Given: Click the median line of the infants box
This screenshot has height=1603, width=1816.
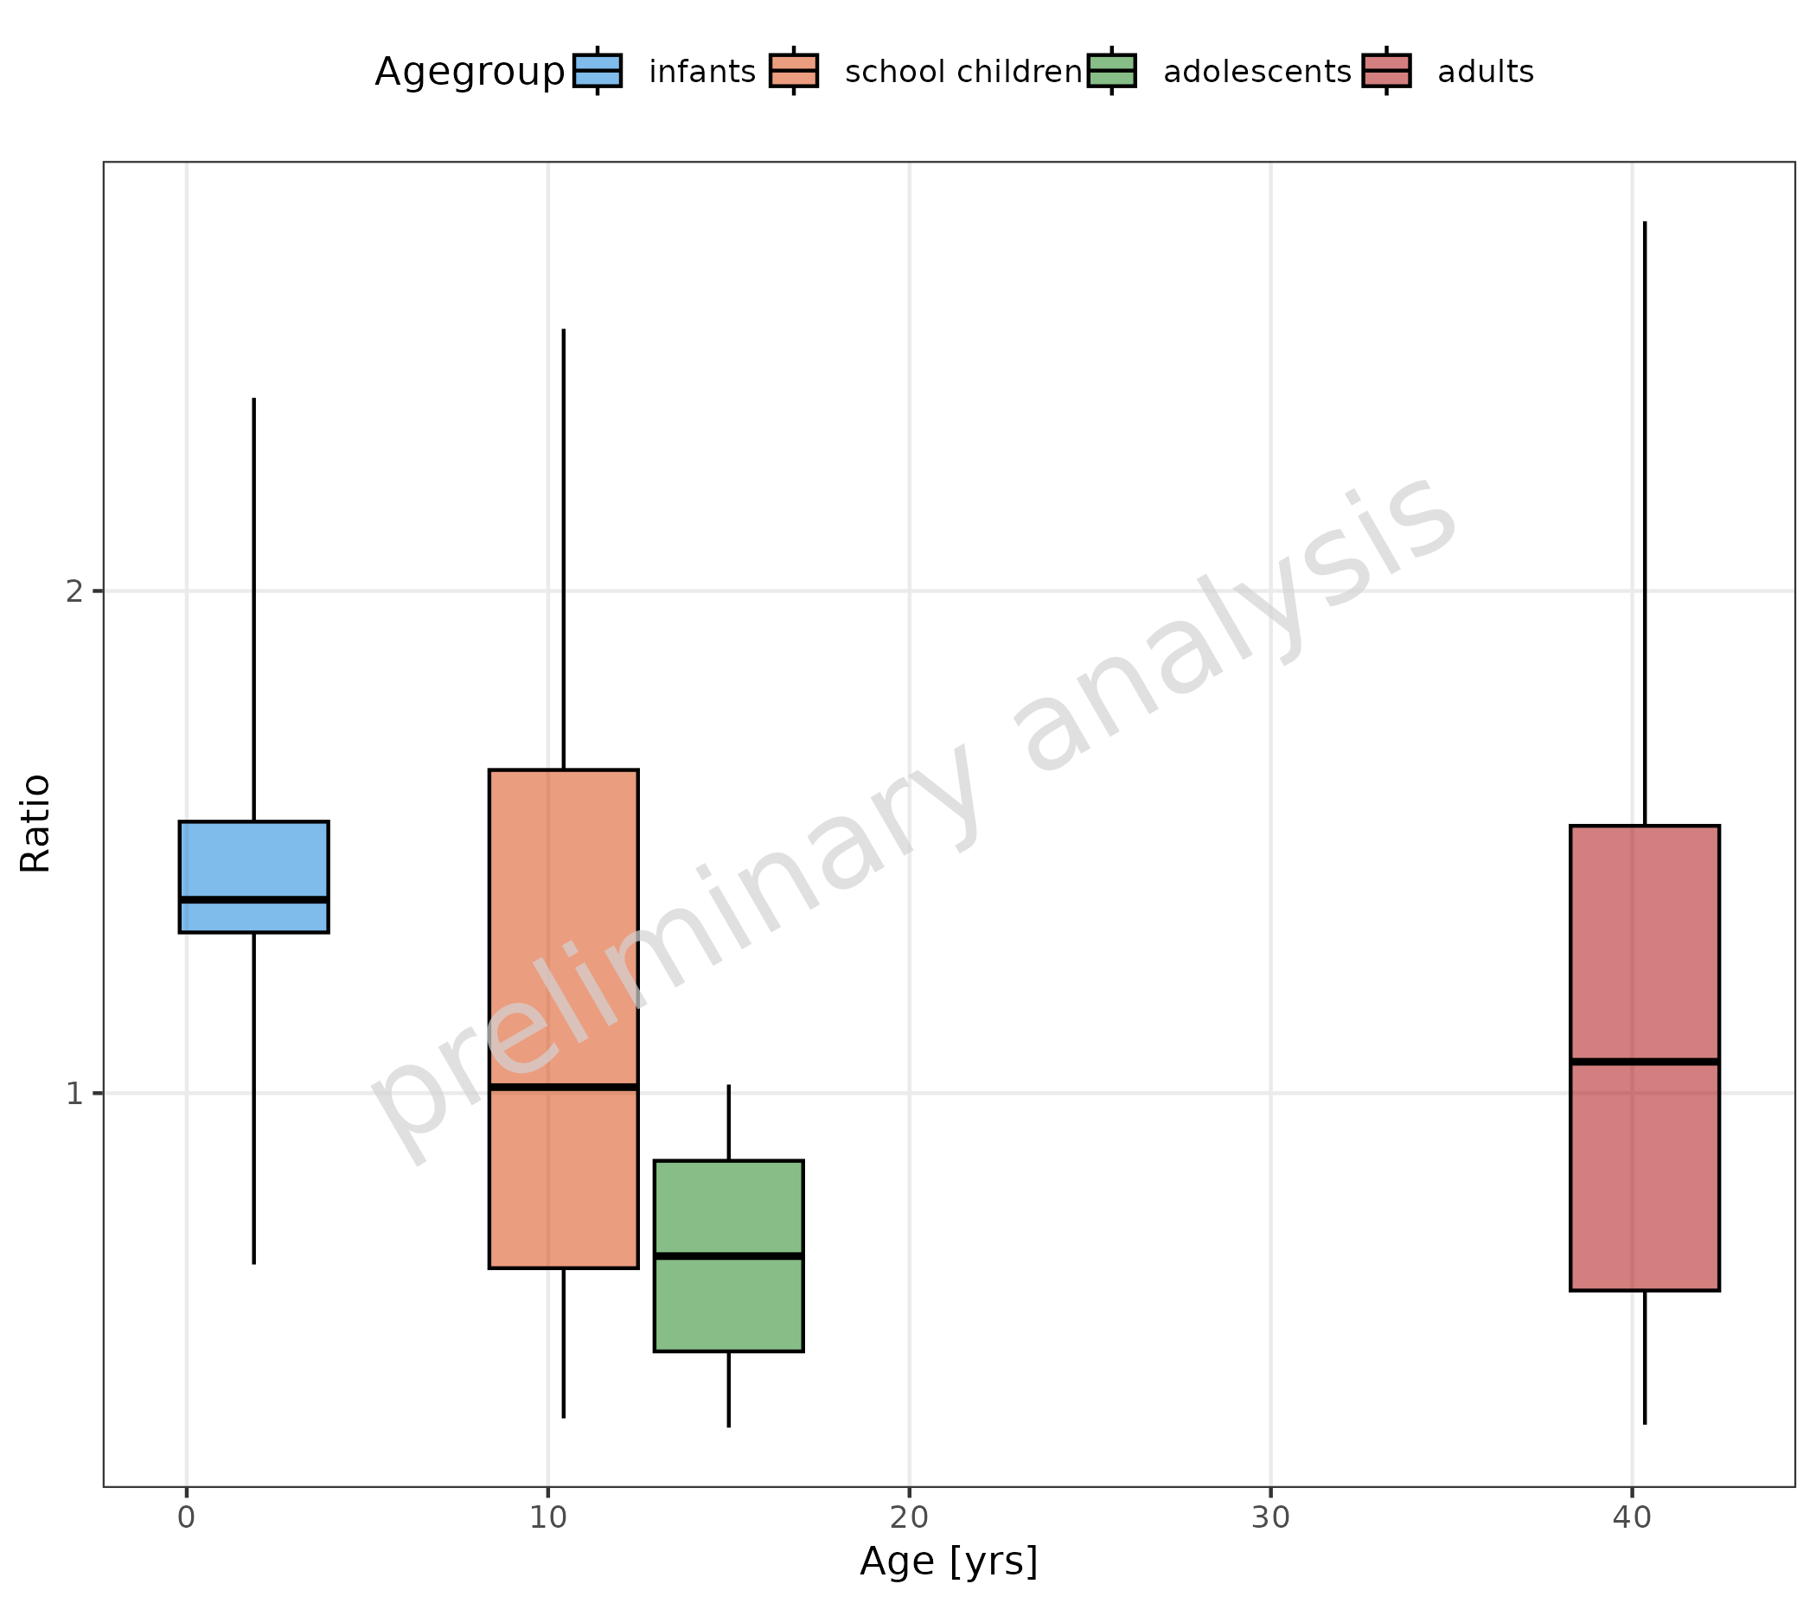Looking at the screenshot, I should [253, 899].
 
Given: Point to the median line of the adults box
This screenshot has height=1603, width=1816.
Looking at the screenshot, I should [1645, 1061].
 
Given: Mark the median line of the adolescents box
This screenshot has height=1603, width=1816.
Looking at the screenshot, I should [728, 1255].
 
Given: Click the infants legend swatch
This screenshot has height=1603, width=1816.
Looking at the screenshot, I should [597, 71].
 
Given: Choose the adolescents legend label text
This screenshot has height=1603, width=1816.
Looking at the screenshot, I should [1256, 72].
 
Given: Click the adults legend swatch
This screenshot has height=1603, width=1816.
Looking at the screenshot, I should [1386, 71].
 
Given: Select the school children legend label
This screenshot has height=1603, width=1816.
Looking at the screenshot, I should [963, 72].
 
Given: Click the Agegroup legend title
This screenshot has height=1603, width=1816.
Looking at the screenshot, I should [469, 72].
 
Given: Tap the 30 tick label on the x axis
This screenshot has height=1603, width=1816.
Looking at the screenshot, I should [1270, 1517].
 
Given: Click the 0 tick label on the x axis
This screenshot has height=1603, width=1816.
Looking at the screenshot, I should [186, 1517].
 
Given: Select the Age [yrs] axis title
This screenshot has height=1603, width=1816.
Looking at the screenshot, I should [948, 1562].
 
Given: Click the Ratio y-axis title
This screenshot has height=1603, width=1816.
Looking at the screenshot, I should [35, 824].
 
